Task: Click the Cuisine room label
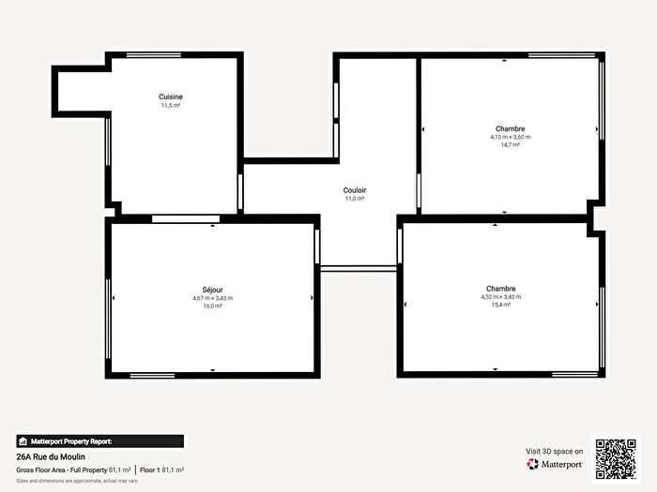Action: [171, 97]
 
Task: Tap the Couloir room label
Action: [355, 189]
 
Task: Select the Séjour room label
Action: [212, 290]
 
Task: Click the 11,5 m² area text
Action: [171, 106]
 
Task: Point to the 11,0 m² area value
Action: [355, 199]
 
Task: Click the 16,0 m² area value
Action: [212, 306]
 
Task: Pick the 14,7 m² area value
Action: [510, 145]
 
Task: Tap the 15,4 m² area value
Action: [500, 305]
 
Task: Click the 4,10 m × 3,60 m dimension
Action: [510, 137]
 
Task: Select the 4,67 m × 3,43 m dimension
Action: [212, 298]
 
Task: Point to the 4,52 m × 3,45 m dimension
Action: [500, 296]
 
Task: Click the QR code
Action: [616, 457]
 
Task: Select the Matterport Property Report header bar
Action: [99, 440]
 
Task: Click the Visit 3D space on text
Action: [554, 451]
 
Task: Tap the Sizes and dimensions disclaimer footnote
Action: [77, 481]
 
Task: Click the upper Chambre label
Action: [510, 128]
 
